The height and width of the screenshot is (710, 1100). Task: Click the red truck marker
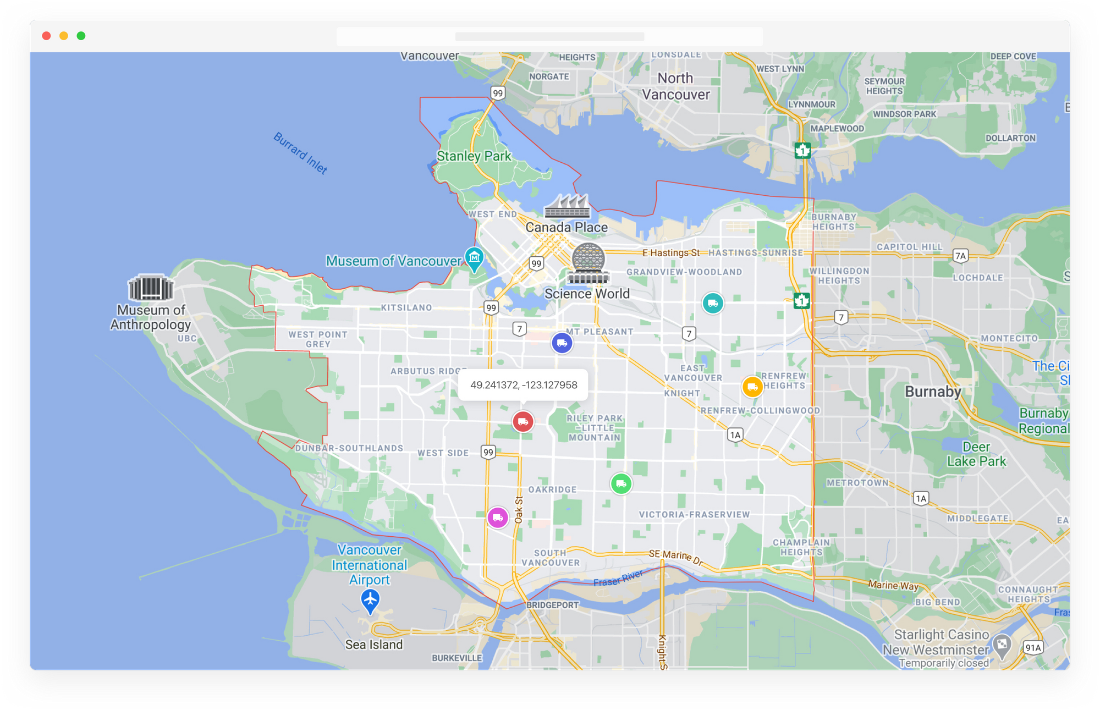(x=523, y=422)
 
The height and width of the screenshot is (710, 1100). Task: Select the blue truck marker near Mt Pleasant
(x=562, y=343)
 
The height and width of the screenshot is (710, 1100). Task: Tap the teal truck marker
(x=713, y=303)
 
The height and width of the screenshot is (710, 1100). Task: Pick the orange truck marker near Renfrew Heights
(x=752, y=387)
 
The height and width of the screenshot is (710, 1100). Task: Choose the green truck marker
(x=621, y=484)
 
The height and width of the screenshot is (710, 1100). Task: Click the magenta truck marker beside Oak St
(x=498, y=518)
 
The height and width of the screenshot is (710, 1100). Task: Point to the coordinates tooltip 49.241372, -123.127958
(x=523, y=385)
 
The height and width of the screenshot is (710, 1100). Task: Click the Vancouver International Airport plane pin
(x=370, y=599)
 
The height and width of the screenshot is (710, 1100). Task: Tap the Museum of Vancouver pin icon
(x=474, y=257)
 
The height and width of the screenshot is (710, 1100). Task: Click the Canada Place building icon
(x=567, y=206)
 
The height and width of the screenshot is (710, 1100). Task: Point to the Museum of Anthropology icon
(x=151, y=287)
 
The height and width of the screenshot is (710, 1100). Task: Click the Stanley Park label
(x=474, y=156)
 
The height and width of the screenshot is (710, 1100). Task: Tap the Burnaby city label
(x=933, y=392)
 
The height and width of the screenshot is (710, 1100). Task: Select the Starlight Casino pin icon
(x=1002, y=645)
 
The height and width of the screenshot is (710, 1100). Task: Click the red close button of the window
(x=47, y=36)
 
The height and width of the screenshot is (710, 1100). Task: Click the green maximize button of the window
(x=81, y=36)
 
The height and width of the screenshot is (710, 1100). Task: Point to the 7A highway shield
(x=960, y=256)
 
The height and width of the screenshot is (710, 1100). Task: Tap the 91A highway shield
(x=1033, y=648)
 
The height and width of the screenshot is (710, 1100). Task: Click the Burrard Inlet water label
(x=300, y=153)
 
